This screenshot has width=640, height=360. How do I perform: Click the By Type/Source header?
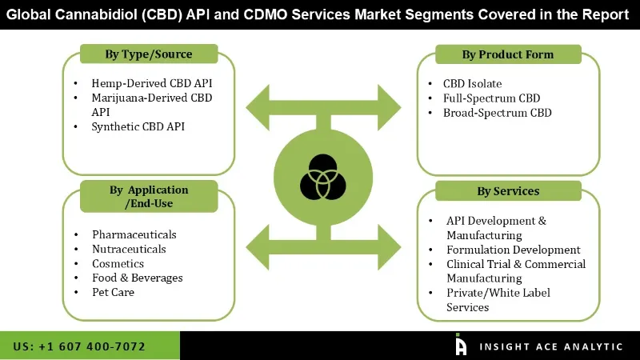(x=149, y=54)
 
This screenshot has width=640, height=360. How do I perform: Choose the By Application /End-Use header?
(x=149, y=197)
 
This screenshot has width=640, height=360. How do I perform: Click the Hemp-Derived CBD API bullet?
(x=152, y=83)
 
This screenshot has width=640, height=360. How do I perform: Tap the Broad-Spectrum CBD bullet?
(x=498, y=113)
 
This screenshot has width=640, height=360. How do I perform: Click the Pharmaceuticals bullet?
(x=134, y=234)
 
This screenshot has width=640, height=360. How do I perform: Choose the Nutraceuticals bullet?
(x=129, y=249)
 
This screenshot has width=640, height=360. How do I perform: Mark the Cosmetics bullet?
(x=118, y=263)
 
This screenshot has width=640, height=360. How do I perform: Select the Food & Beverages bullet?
(x=138, y=278)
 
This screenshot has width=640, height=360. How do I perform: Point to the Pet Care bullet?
(x=113, y=292)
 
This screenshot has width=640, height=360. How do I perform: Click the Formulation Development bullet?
(x=514, y=250)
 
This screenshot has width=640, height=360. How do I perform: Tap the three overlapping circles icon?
(x=322, y=178)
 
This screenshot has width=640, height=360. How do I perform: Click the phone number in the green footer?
(x=79, y=346)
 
